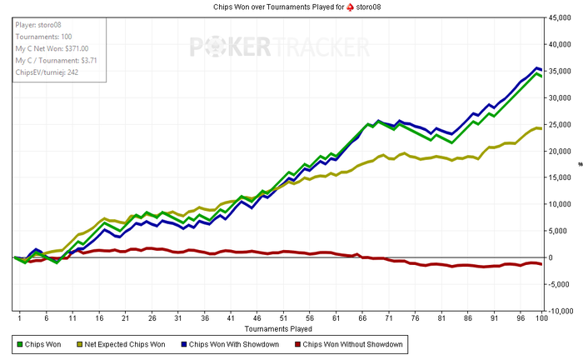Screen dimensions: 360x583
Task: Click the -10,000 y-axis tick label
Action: click(561, 311)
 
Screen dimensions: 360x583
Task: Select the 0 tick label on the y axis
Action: click(550, 257)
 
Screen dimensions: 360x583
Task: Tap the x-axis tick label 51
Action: click(284, 317)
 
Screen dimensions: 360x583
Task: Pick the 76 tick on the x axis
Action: click(414, 317)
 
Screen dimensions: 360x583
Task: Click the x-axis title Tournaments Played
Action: click(279, 327)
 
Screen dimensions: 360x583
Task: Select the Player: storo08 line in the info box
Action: click(38, 25)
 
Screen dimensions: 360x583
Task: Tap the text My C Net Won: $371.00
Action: click(52, 48)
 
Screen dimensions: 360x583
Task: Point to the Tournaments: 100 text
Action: click(41, 37)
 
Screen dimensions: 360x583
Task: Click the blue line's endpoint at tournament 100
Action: click(541, 69)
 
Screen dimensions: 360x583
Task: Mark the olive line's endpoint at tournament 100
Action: click(541, 128)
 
